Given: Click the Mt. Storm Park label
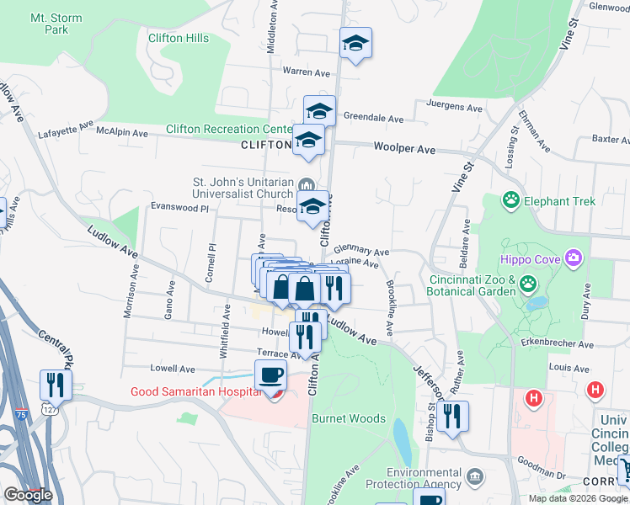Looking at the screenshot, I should (x=49, y=23).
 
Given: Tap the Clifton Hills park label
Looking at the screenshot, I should (x=177, y=38).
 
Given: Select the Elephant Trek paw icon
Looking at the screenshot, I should (x=510, y=200).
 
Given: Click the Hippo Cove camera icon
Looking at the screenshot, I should (x=574, y=257).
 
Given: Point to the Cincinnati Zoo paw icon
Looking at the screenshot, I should (x=527, y=283).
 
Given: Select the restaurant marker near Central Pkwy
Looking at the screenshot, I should (x=56, y=385).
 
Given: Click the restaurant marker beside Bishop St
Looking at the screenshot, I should (x=452, y=417).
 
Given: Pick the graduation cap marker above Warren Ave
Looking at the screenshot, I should (x=356, y=45).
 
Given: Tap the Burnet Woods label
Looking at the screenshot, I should (x=349, y=418).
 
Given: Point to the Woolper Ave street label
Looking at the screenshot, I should (x=404, y=148).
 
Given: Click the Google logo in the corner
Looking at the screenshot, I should (x=28, y=495).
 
